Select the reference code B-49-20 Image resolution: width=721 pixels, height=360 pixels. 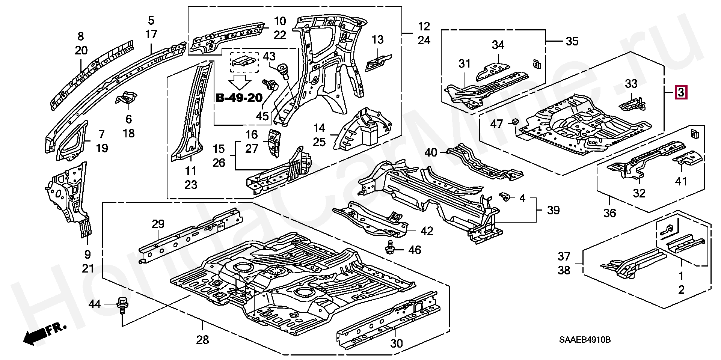[239, 98]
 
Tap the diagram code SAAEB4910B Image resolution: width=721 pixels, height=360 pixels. [585, 340]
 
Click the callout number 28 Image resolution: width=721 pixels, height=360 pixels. [202, 340]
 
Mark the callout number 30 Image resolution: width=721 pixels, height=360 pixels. [397, 343]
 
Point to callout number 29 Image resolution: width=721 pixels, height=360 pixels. [158, 224]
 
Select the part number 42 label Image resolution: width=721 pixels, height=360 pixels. [427, 230]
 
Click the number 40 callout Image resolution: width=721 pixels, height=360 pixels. [431, 152]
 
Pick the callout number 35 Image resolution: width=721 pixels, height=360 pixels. [572, 41]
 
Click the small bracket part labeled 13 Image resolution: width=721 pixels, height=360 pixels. [378, 62]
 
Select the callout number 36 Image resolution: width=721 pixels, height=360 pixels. [609, 213]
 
